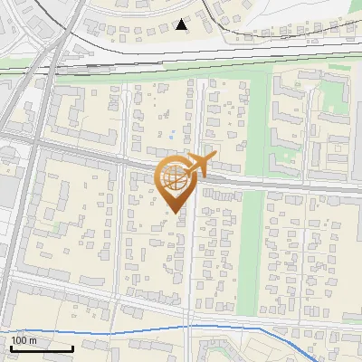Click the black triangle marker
182,24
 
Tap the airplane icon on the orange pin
200,166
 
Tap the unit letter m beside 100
33,340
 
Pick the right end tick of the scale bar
72,346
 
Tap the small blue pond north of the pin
172,137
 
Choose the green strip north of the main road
258,118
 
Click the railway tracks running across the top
181,56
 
